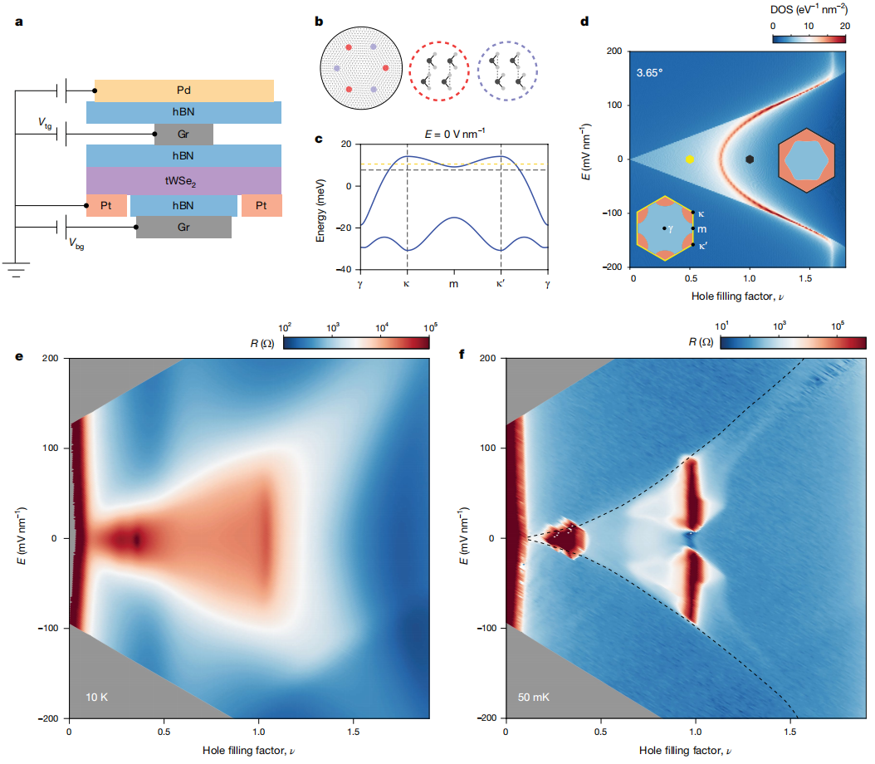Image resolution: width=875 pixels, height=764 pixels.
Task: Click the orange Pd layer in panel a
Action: click(183, 90)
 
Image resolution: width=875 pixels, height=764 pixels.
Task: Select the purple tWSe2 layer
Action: click(183, 179)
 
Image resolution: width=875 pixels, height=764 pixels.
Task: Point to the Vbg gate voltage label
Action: click(76, 245)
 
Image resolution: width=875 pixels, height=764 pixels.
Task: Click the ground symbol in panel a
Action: click(15, 267)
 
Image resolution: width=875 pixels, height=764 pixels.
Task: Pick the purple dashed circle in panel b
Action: click(507, 71)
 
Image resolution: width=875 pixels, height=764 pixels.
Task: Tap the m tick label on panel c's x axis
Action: click(454, 284)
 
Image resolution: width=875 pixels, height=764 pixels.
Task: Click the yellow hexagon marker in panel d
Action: click(689, 159)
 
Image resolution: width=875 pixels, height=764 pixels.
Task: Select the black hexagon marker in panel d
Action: click(750, 159)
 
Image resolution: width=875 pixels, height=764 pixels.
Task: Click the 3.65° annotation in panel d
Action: click(651, 71)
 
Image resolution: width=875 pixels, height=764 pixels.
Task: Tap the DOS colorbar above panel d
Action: click(809, 37)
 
